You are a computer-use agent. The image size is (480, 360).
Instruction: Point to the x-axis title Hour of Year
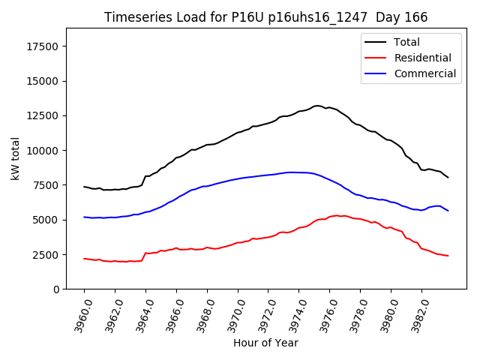click(265, 343)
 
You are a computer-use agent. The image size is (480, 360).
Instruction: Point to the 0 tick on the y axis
click(57, 289)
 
